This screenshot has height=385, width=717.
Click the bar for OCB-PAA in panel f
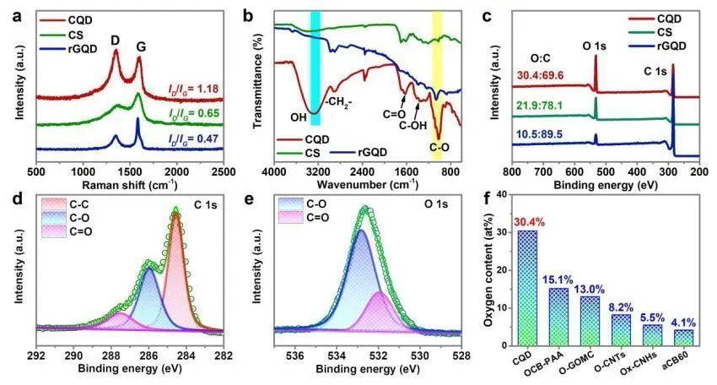click(x=558, y=317)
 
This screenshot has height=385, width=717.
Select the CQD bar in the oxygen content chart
click(x=527, y=288)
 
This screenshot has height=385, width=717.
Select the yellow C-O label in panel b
click(x=438, y=148)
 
